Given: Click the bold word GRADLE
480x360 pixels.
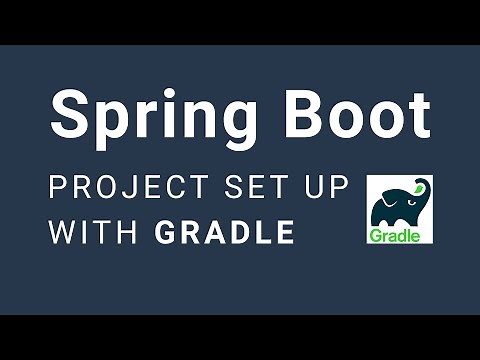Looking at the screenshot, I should click(226, 233).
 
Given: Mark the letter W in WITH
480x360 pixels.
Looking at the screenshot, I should click(63, 233).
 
